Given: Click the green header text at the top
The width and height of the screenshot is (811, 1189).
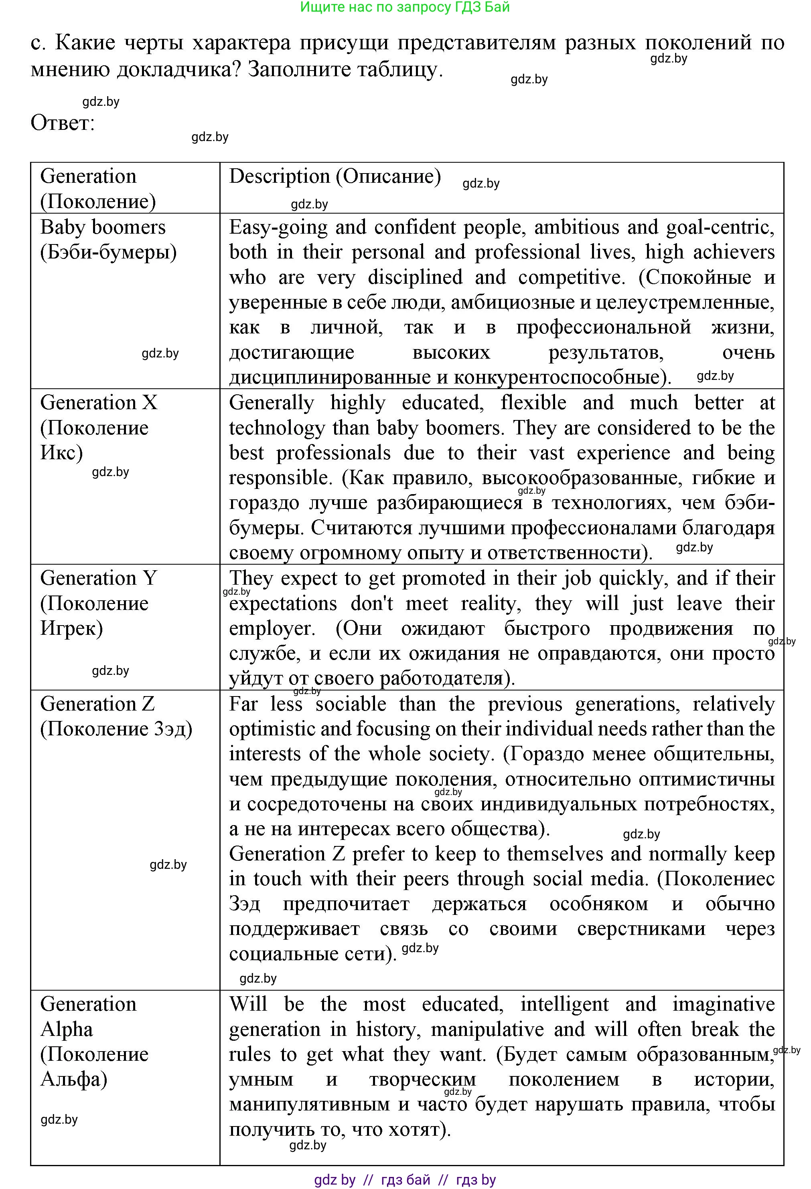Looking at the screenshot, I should click(x=404, y=7).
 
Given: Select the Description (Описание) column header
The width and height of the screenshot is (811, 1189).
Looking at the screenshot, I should click(x=335, y=176).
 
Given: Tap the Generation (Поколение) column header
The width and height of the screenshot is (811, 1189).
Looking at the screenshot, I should click(x=97, y=188).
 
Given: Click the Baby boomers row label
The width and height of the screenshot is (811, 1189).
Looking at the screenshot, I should click(x=107, y=239).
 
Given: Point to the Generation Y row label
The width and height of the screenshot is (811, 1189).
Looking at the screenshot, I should click(x=97, y=603).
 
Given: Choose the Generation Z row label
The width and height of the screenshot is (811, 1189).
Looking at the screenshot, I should click(x=116, y=716).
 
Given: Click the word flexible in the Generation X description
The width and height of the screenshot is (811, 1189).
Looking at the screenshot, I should click(x=533, y=403).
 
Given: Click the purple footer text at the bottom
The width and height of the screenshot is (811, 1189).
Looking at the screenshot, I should click(x=404, y=1180).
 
